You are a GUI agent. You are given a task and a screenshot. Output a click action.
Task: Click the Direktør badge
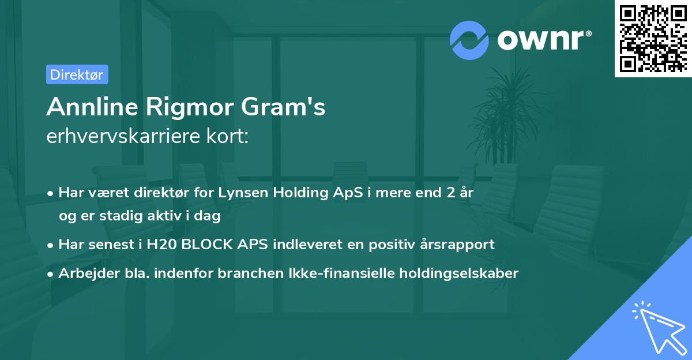[77, 74]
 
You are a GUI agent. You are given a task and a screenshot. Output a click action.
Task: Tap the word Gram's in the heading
[279, 107]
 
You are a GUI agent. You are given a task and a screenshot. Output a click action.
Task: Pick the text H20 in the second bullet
[162, 244]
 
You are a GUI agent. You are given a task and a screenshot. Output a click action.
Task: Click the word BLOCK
[209, 244]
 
